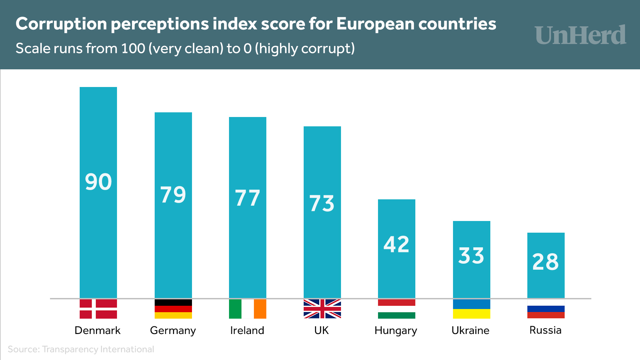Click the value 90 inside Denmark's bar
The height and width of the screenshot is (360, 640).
coord(98,182)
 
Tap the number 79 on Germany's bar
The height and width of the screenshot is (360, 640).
coord(173,195)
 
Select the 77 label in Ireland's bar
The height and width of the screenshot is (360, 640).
coord(247,198)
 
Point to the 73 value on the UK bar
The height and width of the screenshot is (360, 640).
coord(322,204)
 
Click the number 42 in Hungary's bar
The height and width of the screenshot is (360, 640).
coord(396,244)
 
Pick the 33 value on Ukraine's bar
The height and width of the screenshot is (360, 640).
coord(471,256)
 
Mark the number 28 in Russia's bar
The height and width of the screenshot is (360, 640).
coord(546,262)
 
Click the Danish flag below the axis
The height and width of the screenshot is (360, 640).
coord(98,309)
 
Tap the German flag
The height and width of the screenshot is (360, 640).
coord(173,309)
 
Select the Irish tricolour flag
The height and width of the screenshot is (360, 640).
coord(248,309)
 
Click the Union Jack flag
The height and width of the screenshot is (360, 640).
coord(322,309)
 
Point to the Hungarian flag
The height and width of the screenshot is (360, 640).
coord(397,309)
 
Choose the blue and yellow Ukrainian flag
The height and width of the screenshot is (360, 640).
coord(472,309)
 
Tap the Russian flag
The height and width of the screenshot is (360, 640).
coord(546,309)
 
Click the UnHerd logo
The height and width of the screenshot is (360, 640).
coord(581,35)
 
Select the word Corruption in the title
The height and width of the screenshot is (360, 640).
coord(61,24)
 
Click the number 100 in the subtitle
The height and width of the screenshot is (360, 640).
coord(133,49)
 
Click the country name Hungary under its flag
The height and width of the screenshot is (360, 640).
coord(396,330)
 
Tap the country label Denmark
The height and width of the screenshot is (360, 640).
coord(97,330)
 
